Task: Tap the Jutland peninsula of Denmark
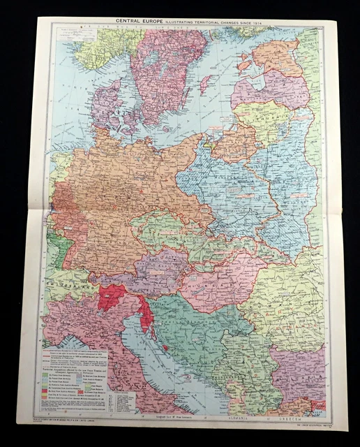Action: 105,105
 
